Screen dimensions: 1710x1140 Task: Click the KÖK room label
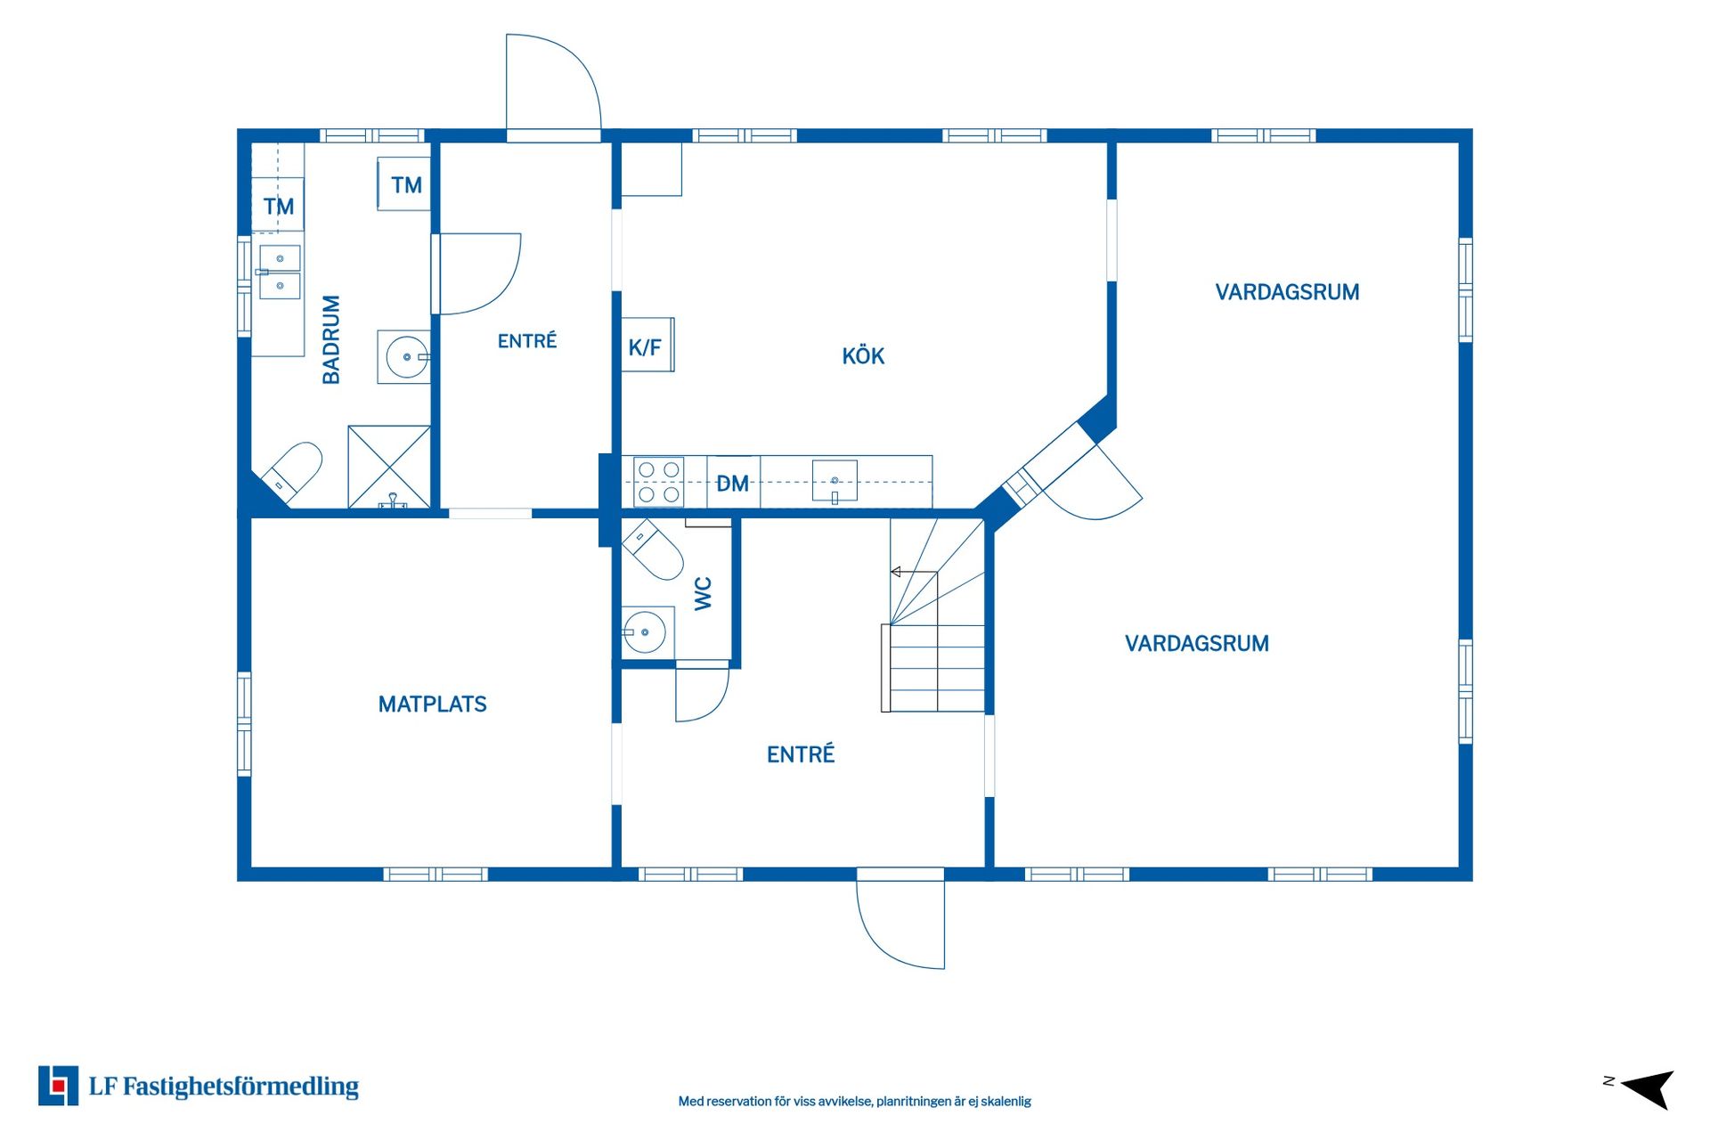(x=863, y=355)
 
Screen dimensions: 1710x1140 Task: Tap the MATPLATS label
(x=432, y=704)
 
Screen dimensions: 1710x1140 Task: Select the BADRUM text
(x=331, y=339)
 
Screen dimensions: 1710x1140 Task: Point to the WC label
(x=703, y=593)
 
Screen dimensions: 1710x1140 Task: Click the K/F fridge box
(x=647, y=345)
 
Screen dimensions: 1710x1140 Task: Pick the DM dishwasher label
(x=732, y=484)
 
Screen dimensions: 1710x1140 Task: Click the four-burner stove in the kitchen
(x=658, y=482)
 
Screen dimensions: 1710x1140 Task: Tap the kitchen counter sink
(x=835, y=481)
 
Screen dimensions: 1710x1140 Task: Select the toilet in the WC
(x=653, y=550)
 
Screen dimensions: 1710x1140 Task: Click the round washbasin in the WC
(x=644, y=632)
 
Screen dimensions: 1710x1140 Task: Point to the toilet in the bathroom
(x=293, y=471)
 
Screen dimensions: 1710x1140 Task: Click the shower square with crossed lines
(x=389, y=467)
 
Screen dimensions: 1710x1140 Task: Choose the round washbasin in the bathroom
(x=407, y=357)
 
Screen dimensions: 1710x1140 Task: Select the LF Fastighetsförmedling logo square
(x=58, y=1086)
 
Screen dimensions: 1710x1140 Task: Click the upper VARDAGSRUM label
(x=1287, y=292)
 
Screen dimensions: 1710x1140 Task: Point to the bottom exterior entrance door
(x=900, y=919)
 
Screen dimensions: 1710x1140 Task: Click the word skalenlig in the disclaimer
(x=1006, y=1102)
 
